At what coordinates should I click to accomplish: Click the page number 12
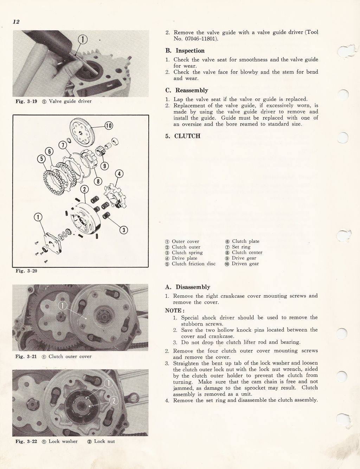tap(16, 22)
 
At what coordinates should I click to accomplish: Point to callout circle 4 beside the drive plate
tap(120, 174)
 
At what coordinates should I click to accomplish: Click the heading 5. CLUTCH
tap(183, 136)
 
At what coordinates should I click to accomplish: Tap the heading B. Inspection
tap(185, 51)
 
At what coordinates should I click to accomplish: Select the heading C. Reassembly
tap(187, 90)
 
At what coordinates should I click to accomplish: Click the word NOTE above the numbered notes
tap(174, 310)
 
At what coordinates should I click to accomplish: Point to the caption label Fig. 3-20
tap(26, 271)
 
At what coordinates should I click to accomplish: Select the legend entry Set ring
tap(241, 247)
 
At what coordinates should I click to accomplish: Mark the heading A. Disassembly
tap(188, 287)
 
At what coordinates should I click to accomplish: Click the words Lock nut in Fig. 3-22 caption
tap(104, 441)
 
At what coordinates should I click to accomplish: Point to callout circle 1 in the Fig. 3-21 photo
tap(62, 305)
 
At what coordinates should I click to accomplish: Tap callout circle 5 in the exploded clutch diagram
tap(42, 159)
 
